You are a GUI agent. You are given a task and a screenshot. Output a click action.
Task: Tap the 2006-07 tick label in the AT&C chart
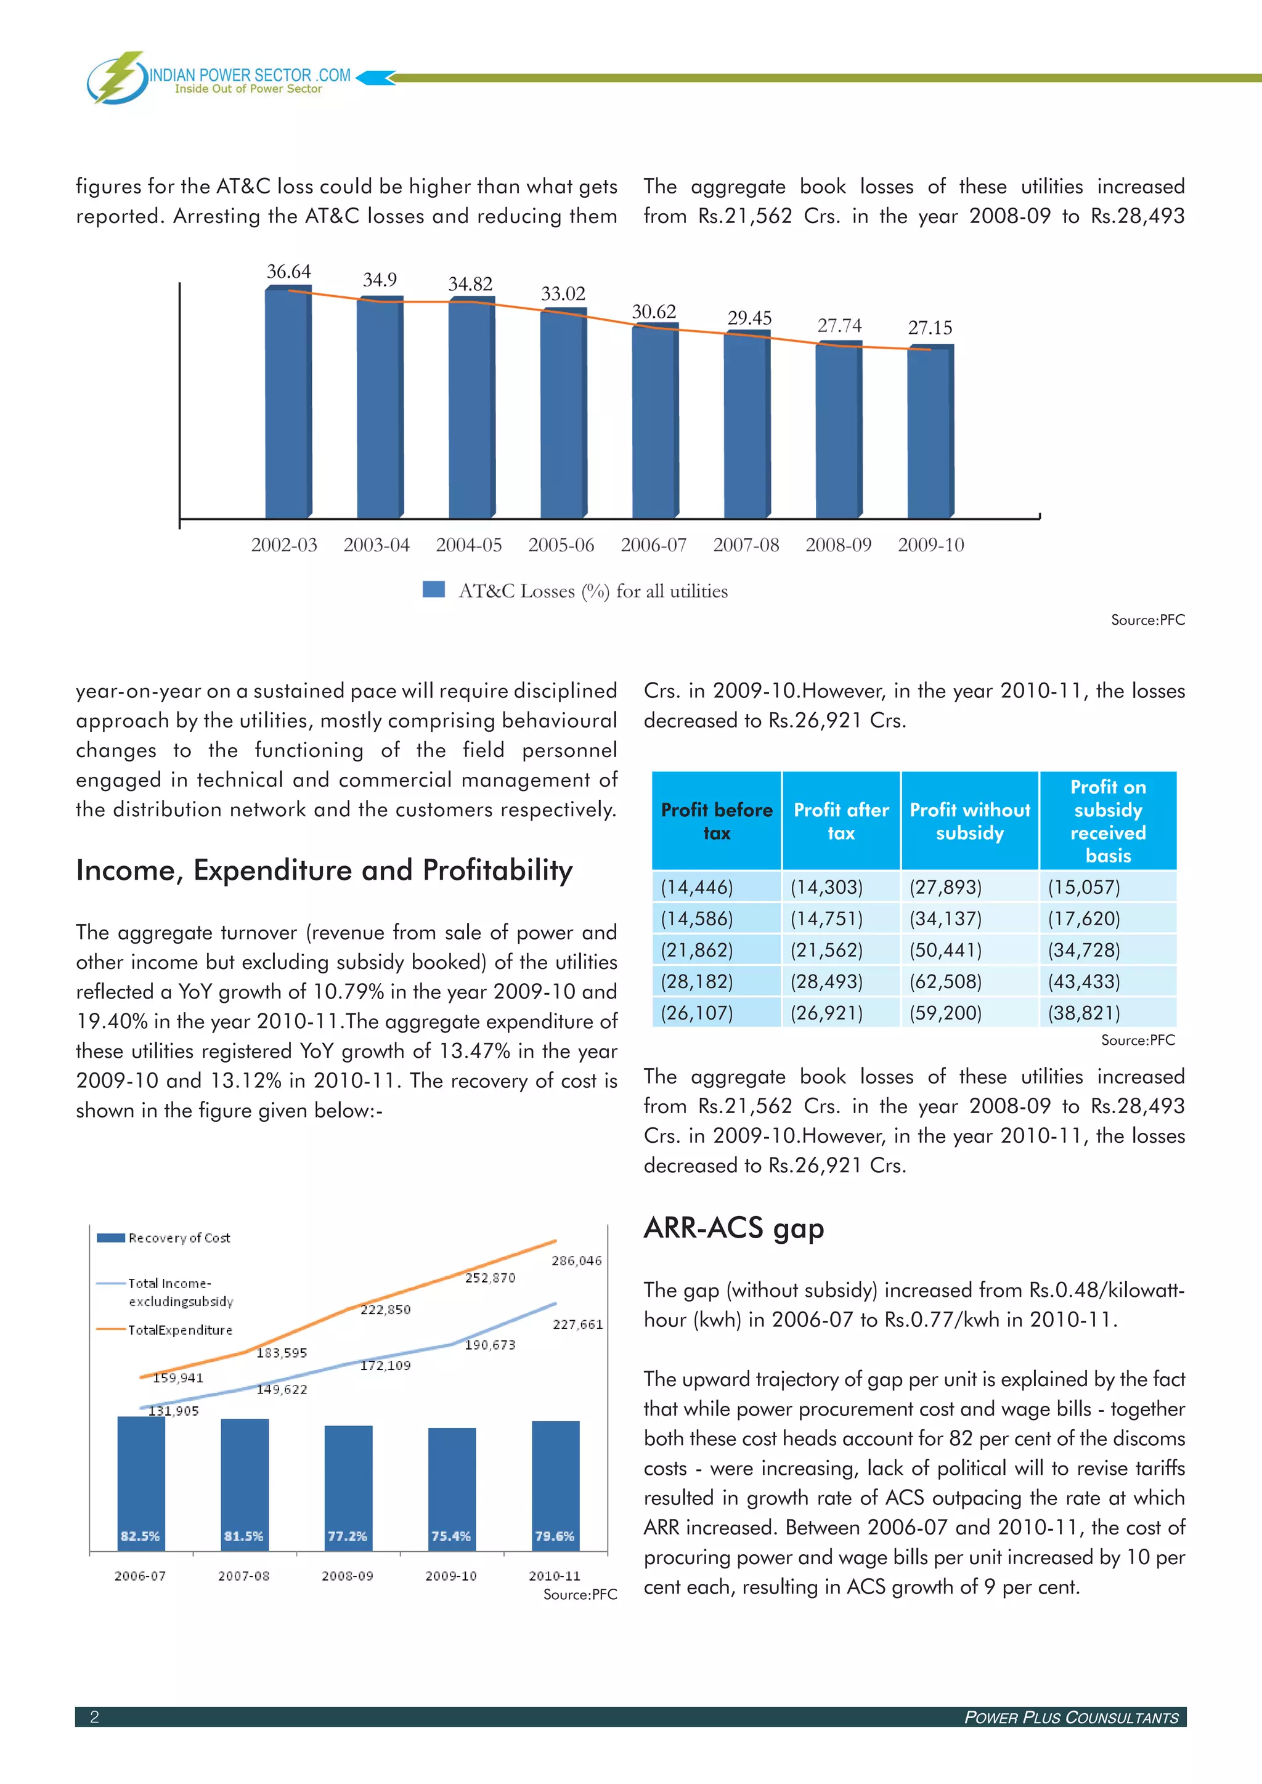(654, 545)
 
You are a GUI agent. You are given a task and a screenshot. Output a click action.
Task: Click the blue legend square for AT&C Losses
(434, 590)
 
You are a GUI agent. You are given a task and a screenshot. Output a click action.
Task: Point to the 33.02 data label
(563, 294)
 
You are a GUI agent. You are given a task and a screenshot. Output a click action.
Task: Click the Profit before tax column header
(717, 821)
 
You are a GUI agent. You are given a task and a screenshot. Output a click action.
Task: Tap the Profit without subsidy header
(969, 821)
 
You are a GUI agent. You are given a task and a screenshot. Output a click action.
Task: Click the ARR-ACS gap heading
(733, 1228)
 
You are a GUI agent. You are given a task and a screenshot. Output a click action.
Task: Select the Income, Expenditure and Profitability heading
(324, 870)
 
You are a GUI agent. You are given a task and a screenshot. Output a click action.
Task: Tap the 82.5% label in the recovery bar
(140, 1536)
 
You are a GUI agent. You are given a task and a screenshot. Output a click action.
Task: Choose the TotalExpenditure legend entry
(179, 1330)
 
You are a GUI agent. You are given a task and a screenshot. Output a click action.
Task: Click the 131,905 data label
(173, 1411)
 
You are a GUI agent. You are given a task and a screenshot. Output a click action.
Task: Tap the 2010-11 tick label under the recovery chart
(554, 1576)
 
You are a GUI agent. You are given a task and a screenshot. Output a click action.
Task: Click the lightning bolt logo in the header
(118, 77)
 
